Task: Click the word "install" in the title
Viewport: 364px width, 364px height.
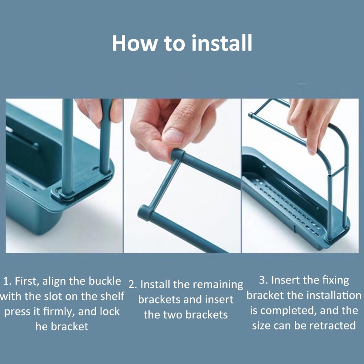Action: pos(222,43)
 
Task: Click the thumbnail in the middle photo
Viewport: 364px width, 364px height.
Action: pos(173,135)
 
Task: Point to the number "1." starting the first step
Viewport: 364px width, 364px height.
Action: pos(7,281)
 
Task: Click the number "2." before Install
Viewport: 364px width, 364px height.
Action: pos(133,285)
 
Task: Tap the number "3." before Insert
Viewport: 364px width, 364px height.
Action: pos(263,280)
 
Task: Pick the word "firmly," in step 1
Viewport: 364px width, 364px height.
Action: pos(59,312)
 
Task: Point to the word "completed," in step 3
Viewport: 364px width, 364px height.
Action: pos(288,311)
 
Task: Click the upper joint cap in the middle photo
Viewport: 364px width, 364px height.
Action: pos(177,154)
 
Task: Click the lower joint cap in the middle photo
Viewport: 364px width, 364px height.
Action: pos(144,212)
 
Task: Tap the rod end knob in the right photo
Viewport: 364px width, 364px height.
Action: pos(251,115)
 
